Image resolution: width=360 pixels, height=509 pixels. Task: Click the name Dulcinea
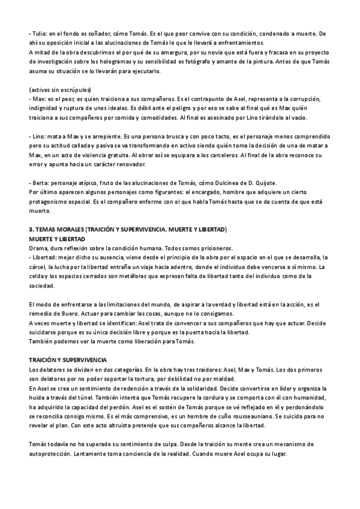pyautogui.click(x=230, y=182)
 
